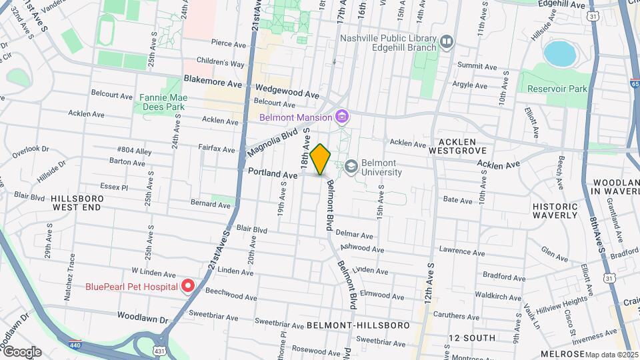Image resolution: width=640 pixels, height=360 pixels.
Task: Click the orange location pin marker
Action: [x=321, y=159]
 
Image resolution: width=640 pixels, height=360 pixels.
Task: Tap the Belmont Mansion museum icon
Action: [x=343, y=118]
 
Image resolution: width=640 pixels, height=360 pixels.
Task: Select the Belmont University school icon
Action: [x=351, y=165]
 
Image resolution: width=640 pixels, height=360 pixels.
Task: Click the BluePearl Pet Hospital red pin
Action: [x=188, y=287]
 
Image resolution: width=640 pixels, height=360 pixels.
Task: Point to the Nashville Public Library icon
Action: [x=447, y=43]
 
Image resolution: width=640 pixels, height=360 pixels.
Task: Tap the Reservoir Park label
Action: [x=557, y=89]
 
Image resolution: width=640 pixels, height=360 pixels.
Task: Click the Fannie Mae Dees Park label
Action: [x=163, y=102]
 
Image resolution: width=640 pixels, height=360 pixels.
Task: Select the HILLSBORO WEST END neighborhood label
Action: [x=77, y=203]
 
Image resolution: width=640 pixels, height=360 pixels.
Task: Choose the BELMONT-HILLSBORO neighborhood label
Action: [x=358, y=325]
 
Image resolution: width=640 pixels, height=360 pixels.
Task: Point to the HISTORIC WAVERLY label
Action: [x=555, y=211]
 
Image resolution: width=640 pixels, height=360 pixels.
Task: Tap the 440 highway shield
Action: [x=76, y=345]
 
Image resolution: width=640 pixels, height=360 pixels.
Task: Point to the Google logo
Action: [x=22, y=351]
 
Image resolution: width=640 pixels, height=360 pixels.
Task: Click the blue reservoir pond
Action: [x=559, y=53]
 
